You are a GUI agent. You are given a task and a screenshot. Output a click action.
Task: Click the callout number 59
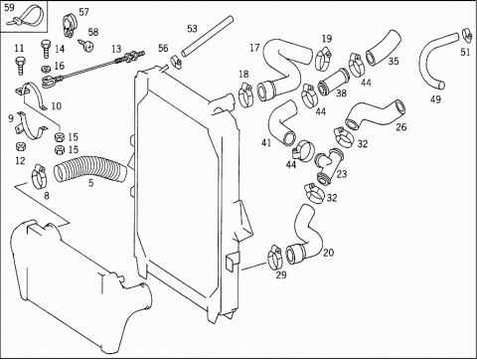click(10, 8)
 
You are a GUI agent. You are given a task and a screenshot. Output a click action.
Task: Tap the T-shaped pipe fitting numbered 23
click(329, 165)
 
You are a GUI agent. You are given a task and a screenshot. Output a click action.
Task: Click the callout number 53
click(192, 29)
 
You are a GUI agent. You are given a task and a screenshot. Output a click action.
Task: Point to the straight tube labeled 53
click(206, 37)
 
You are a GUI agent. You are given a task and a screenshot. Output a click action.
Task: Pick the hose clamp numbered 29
click(275, 258)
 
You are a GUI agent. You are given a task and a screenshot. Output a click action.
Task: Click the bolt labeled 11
click(20, 66)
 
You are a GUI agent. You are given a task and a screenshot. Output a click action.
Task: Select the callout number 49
click(435, 98)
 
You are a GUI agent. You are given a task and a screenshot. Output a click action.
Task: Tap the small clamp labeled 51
click(466, 35)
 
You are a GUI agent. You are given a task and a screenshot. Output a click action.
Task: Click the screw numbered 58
click(86, 45)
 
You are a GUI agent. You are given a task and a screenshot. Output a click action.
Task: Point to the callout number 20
click(328, 253)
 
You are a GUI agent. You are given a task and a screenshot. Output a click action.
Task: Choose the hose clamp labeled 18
click(245, 95)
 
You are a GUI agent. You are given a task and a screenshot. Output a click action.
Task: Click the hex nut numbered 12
click(21, 146)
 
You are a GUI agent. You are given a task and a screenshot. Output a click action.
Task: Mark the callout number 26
click(401, 126)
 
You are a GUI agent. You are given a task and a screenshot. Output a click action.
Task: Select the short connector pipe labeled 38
click(333, 82)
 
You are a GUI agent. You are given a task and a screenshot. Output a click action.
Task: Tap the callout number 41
click(266, 142)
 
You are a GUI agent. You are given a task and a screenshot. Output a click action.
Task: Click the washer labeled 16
click(46, 70)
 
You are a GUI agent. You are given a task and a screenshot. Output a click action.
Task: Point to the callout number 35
click(394, 61)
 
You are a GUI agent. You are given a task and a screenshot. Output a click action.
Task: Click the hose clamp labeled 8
click(40, 177)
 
